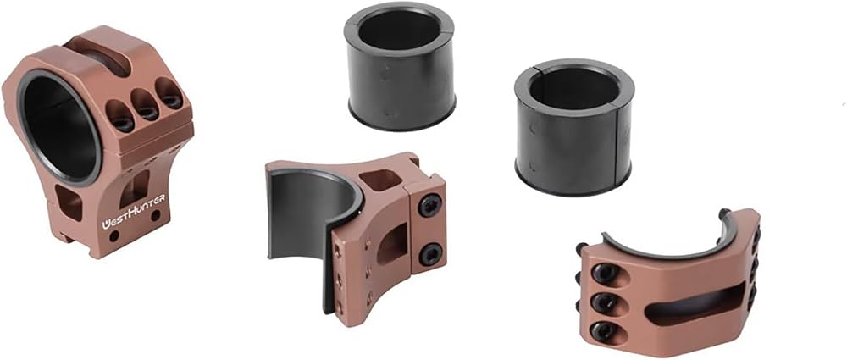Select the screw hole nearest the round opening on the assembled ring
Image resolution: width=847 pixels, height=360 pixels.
119,115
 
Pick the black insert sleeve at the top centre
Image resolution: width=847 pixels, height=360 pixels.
399,66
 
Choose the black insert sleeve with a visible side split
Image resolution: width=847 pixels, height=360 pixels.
573,126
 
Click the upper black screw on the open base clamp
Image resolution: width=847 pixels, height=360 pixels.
430,205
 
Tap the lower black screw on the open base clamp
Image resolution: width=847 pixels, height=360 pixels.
430,253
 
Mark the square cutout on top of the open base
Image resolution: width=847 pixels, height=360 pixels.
379,180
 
